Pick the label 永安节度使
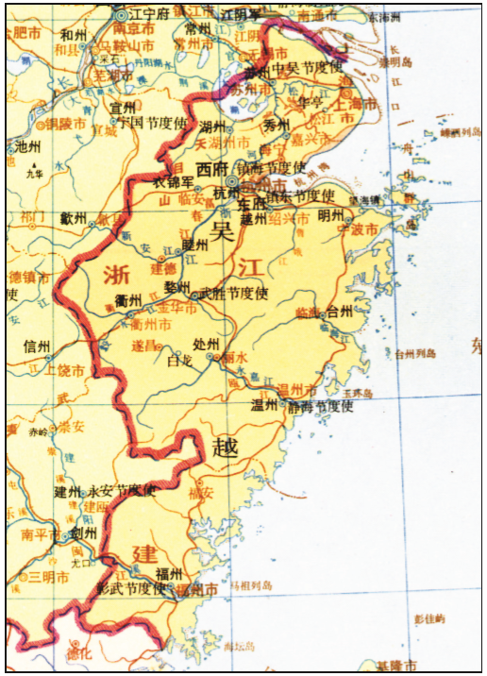[122, 491]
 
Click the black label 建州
[68, 491]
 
